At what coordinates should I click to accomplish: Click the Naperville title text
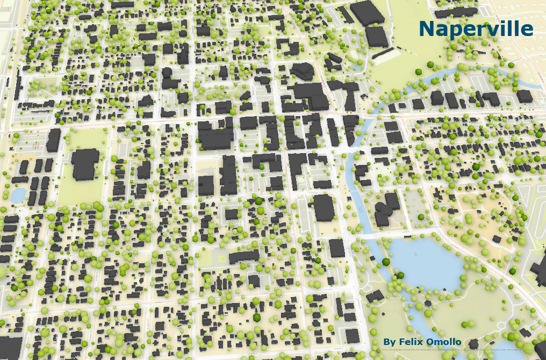tap(476, 29)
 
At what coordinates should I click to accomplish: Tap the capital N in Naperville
tap(428, 29)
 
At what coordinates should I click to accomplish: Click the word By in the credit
tap(390, 342)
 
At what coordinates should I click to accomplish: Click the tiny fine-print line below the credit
tap(457, 349)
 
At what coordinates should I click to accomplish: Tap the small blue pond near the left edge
tap(17, 195)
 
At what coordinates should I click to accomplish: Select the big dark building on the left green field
tap(85, 164)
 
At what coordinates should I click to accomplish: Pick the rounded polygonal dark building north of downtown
tap(303, 71)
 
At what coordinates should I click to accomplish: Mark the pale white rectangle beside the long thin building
tap(387, 56)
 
